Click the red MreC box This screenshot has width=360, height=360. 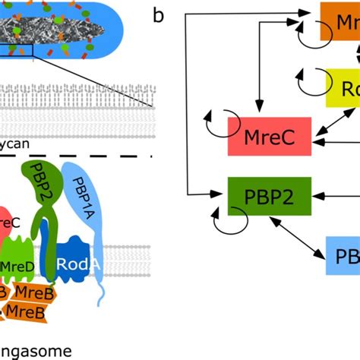(x=270, y=137)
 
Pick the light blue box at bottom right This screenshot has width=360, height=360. (x=343, y=255)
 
